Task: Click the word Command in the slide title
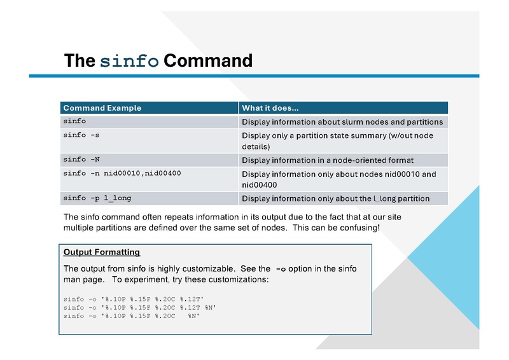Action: click(x=207, y=61)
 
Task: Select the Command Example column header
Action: click(x=102, y=108)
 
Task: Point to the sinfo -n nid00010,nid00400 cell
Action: click(x=117, y=173)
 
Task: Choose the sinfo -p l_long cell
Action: click(x=97, y=198)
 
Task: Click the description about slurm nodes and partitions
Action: click(x=342, y=121)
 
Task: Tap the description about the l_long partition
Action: click(x=335, y=198)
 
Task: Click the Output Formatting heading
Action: click(x=102, y=253)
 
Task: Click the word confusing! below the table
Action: click(x=359, y=228)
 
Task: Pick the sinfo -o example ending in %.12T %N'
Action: click(x=140, y=308)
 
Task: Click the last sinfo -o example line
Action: click(x=132, y=316)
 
